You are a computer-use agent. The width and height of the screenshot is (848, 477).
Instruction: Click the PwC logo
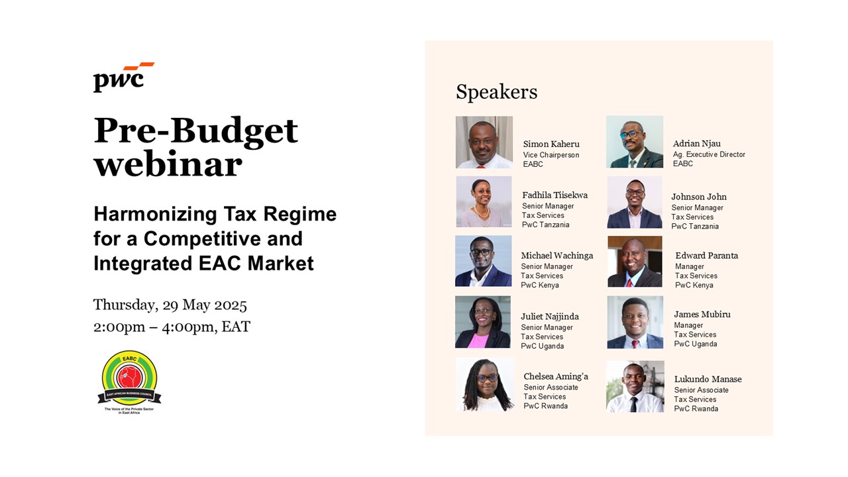[124, 78]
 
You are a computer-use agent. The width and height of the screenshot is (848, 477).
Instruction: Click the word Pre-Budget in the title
[195, 131]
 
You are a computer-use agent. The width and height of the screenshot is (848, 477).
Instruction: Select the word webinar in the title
[168, 165]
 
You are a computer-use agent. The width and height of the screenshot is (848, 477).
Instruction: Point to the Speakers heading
[496, 92]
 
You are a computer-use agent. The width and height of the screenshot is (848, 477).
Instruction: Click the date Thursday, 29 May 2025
[170, 305]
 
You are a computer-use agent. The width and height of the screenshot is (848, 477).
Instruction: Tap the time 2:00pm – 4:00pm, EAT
[172, 327]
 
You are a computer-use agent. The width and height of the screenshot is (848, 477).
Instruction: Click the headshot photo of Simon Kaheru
[484, 142]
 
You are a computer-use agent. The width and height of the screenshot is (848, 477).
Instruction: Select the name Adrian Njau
[696, 144]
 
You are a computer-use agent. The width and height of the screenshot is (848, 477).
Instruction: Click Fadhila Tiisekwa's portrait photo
[484, 201]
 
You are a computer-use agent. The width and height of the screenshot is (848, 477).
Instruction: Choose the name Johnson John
[699, 197]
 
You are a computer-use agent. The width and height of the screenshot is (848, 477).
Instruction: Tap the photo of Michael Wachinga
[484, 261]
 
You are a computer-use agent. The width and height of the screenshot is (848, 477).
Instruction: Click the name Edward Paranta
[706, 256]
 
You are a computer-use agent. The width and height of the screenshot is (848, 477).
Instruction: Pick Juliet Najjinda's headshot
[483, 322]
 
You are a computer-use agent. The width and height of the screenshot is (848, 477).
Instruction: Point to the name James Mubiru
[702, 314]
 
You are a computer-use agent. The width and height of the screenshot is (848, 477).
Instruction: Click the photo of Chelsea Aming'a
[485, 384]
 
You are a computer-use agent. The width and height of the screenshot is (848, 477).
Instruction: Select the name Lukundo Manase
[708, 379]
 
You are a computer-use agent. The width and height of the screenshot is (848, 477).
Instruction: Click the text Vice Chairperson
[551, 155]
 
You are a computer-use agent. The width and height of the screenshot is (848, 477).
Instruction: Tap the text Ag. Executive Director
[709, 154]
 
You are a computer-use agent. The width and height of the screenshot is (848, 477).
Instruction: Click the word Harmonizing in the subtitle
[155, 214]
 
